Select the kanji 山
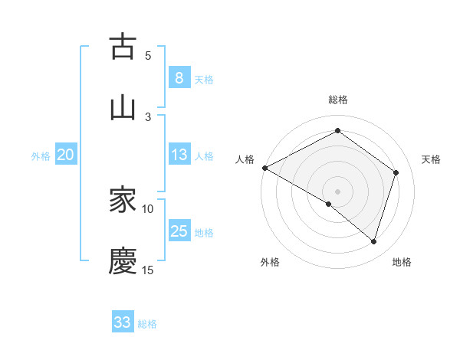[x=123, y=107]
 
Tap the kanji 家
[x=123, y=201]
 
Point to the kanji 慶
[x=123, y=261]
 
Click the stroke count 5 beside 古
[x=148, y=55]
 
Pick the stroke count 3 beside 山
[x=148, y=116]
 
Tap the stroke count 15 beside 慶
[x=148, y=270]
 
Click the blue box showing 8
[x=179, y=77]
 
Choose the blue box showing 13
[x=179, y=155]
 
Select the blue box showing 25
[x=179, y=231]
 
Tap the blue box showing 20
[x=65, y=155]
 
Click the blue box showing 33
[x=123, y=322]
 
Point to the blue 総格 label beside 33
[x=147, y=324]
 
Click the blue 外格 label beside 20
[x=41, y=156]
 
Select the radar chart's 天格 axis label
[x=431, y=159]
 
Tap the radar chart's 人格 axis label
[x=245, y=159]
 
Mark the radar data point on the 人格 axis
[x=264, y=168]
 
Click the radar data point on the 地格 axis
[x=373, y=241]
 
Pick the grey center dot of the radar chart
[x=337, y=191]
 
